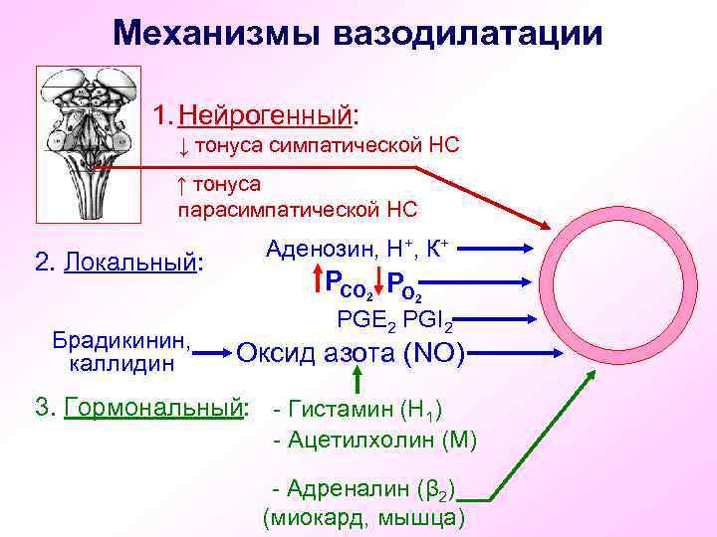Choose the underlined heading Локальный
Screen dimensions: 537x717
[132, 262]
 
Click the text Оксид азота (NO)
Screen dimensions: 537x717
[351, 352]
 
